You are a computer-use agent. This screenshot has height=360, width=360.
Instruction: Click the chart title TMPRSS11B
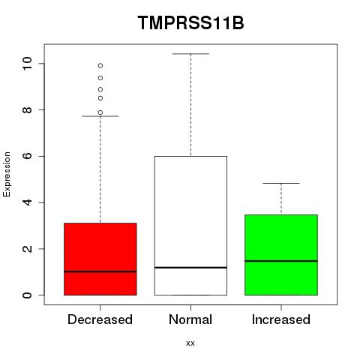(190, 23)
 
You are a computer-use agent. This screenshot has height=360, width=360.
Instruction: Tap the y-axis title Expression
(7, 174)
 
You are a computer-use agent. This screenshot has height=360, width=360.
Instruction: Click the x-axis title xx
(190, 343)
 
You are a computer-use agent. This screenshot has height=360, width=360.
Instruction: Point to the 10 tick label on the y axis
(27, 64)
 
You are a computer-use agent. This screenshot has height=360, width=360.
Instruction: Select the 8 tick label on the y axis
(27, 109)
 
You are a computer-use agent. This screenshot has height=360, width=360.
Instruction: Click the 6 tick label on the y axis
(27, 156)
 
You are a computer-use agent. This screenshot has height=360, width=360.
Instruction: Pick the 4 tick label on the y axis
(27, 202)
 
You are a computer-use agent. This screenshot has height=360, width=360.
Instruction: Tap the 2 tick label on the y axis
(27, 249)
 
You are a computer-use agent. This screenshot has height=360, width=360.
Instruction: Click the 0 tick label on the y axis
(27, 295)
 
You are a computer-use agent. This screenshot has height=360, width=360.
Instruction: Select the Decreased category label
(100, 319)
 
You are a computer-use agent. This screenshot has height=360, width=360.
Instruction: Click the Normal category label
(190, 319)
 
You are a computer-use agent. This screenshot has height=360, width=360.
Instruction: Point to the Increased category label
(281, 319)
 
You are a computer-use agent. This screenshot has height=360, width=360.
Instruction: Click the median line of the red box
(100, 271)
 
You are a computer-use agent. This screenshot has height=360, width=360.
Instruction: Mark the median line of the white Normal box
(190, 268)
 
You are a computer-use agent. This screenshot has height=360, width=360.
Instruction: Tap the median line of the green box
(281, 261)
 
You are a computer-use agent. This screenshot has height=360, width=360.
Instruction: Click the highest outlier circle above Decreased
(100, 66)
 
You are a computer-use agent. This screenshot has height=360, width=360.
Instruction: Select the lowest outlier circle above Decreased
(100, 112)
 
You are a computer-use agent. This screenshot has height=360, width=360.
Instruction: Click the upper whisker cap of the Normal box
(190, 54)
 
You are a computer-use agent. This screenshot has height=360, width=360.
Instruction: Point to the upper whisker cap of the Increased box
(281, 183)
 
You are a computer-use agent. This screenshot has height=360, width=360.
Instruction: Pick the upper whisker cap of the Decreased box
(100, 116)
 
